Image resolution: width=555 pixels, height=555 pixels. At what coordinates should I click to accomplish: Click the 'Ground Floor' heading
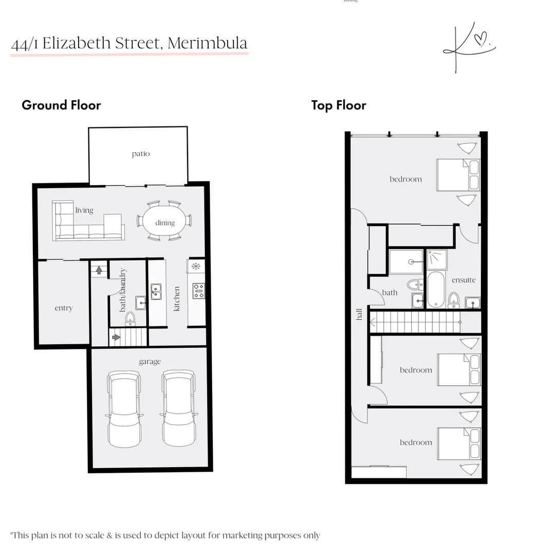[x=61, y=105]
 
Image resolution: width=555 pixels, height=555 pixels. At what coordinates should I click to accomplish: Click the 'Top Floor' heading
[x=339, y=105]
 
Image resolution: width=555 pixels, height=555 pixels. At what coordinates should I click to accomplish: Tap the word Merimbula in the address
[x=207, y=43]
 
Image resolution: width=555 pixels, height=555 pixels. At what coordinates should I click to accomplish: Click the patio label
[x=140, y=154]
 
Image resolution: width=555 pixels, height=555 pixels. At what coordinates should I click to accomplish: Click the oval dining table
[x=164, y=221]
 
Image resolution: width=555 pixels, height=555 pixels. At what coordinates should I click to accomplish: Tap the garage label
[x=150, y=362]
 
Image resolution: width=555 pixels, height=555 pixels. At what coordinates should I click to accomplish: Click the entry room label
[x=64, y=308]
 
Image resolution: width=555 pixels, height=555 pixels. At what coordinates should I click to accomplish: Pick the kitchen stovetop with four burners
[x=198, y=291]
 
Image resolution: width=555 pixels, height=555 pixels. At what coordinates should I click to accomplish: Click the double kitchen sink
[x=156, y=292]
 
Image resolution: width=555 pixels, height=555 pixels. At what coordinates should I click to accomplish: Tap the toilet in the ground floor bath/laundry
[x=130, y=318]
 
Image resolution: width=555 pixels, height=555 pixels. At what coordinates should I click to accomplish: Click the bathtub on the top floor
[x=436, y=290]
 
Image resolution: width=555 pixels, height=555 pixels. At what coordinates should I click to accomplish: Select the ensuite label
[x=464, y=280]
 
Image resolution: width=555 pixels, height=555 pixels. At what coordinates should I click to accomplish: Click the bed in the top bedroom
[x=458, y=175]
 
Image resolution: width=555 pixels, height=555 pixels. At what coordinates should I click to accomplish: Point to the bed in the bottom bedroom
[x=459, y=443]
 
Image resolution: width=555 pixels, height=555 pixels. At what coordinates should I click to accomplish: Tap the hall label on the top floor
[x=359, y=313]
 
